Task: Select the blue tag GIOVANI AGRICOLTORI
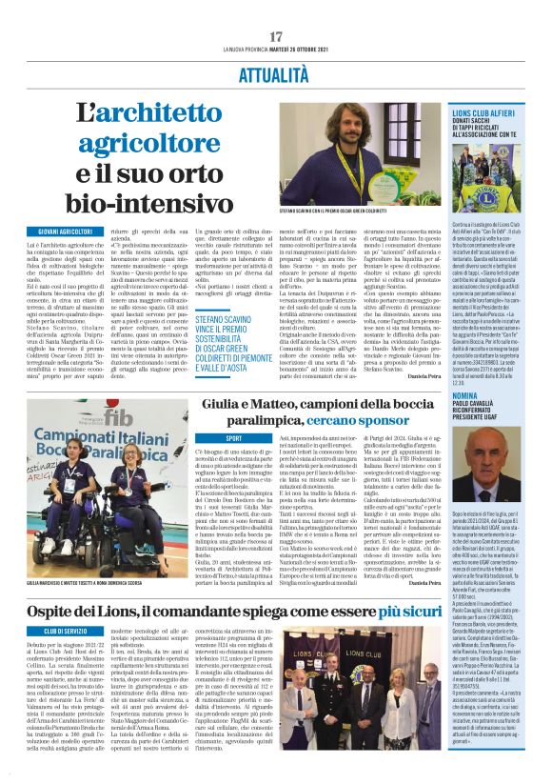pyautogui.click(x=66, y=232)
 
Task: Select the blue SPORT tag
pyautogui.click(x=206, y=437)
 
